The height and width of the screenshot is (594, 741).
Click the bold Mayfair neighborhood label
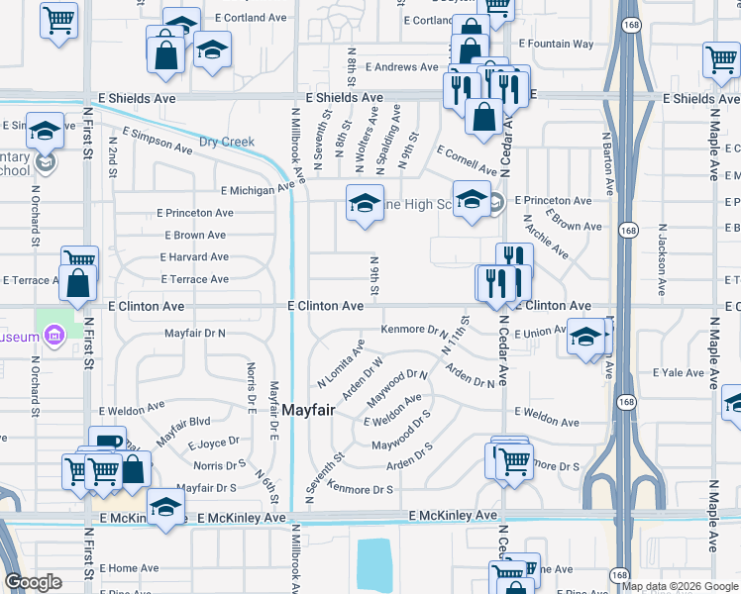click(x=315, y=409)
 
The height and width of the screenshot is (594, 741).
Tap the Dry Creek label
click(x=226, y=143)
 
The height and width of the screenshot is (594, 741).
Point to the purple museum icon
click(x=55, y=337)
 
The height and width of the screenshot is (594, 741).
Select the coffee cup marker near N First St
click(x=107, y=443)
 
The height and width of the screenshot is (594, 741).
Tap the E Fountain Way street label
click(x=557, y=44)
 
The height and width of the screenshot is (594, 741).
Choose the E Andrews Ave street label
click(x=401, y=67)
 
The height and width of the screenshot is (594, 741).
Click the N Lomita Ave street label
click(x=341, y=364)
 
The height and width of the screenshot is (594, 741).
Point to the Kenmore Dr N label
click(x=416, y=330)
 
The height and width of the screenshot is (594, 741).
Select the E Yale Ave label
click(x=678, y=373)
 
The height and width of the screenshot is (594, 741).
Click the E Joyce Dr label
click(x=214, y=442)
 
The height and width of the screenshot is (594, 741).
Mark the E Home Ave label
click(x=129, y=568)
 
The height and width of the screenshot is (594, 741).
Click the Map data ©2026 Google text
click(x=681, y=586)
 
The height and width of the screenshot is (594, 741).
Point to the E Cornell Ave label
click(x=467, y=158)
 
